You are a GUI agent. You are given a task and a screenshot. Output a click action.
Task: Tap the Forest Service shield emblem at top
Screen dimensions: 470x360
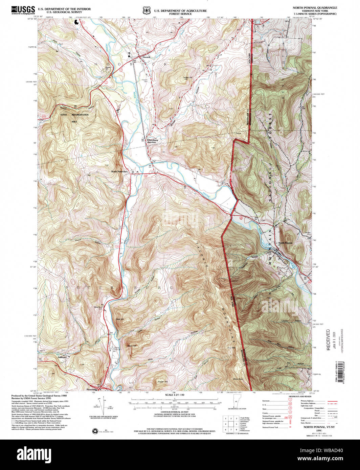pos(147,11)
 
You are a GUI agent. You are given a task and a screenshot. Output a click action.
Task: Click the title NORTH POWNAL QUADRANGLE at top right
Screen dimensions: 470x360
pos(314,7)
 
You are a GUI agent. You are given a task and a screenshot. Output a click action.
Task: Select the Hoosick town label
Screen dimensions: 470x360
pos(146,57)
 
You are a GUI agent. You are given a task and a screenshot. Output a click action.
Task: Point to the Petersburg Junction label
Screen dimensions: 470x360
pos(151,141)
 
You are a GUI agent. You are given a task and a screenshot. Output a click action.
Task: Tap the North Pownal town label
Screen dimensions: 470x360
pos(285,243)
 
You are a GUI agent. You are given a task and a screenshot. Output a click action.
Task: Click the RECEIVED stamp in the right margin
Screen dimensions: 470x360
pos(328,339)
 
